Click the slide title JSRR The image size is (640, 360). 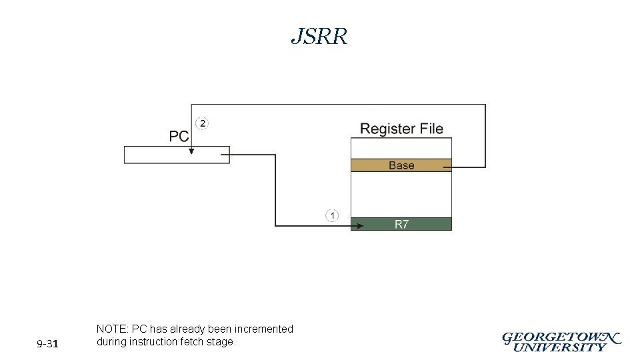coord(319,37)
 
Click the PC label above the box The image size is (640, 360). coord(179,137)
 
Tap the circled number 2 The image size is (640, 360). coord(202,123)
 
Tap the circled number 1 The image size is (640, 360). coord(332,215)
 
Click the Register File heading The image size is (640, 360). coord(401,129)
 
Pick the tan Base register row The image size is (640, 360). coord(401,165)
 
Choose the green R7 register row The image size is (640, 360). coord(401,225)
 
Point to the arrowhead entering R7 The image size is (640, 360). coord(359,225)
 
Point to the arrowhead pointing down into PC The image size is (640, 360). coord(191,151)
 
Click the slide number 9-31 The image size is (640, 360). coord(48,344)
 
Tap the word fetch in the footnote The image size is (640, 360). coord(193,342)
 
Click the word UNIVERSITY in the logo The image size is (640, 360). coord(561,347)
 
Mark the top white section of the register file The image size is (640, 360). coord(401,148)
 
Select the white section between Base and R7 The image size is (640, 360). coord(401,194)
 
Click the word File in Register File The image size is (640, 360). coord(431,129)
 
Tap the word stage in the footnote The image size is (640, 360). coord(222,342)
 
